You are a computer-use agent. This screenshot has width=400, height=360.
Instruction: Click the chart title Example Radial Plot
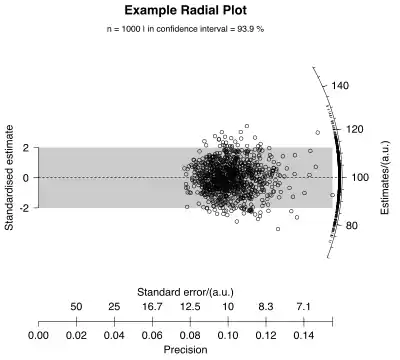(x=186, y=10)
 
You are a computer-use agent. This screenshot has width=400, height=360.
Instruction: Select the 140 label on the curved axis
(x=340, y=86)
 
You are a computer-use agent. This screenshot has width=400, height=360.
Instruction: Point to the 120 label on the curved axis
(x=355, y=129)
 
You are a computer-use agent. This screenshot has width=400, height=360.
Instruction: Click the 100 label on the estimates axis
(x=360, y=177)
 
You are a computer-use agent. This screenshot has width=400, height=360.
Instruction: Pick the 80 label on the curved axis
(x=352, y=226)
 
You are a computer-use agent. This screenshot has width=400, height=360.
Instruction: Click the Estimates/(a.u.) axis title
(x=385, y=177)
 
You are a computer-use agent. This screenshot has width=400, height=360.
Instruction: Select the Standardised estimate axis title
(x=9, y=177)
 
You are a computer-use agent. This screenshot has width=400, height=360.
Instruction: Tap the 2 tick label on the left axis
(x=26, y=148)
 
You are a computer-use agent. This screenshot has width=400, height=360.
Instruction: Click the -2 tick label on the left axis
(x=24, y=207)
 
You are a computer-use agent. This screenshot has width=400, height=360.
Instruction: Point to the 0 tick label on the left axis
(x=26, y=178)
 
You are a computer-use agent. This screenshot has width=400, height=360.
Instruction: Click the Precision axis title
(x=185, y=350)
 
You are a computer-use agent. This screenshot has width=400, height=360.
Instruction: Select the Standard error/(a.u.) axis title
(x=185, y=292)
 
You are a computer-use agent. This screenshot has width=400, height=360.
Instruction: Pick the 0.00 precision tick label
(x=38, y=335)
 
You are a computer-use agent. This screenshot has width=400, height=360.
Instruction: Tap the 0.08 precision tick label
(x=190, y=335)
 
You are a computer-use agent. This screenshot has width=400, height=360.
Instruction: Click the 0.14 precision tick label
(x=304, y=335)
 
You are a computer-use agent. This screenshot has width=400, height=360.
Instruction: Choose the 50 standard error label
(x=76, y=306)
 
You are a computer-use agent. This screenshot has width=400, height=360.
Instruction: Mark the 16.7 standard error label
(x=152, y=306)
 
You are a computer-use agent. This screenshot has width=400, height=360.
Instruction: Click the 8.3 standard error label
(x=266, y=306)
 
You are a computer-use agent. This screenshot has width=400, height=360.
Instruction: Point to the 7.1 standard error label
(x=304, y=306)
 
